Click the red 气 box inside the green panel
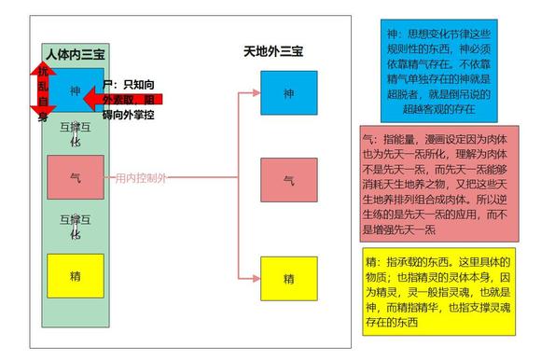point(75,176)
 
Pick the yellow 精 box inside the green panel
point(75,275)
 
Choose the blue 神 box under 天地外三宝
point(289,92)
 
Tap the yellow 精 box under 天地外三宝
point(289,278)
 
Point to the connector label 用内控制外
point(140,176)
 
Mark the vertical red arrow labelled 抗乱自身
point(41,93)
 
